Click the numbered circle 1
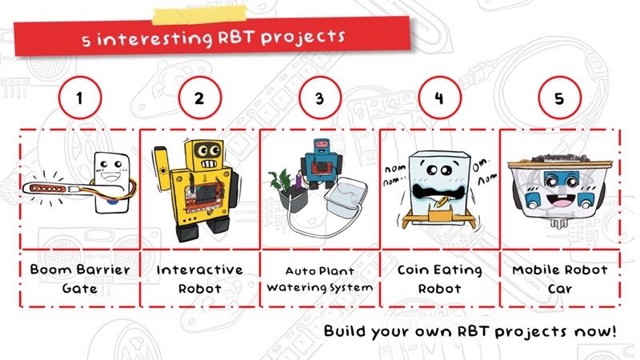point(78,99)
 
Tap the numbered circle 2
point(199,99)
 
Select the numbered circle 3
point(319,99)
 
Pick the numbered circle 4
point(438,99)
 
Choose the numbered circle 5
point(558,99)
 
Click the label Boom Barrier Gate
point(78,278)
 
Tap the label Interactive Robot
point(199,278)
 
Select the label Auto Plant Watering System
point(319,278)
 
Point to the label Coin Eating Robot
point(439,278)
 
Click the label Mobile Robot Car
point(559,278)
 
